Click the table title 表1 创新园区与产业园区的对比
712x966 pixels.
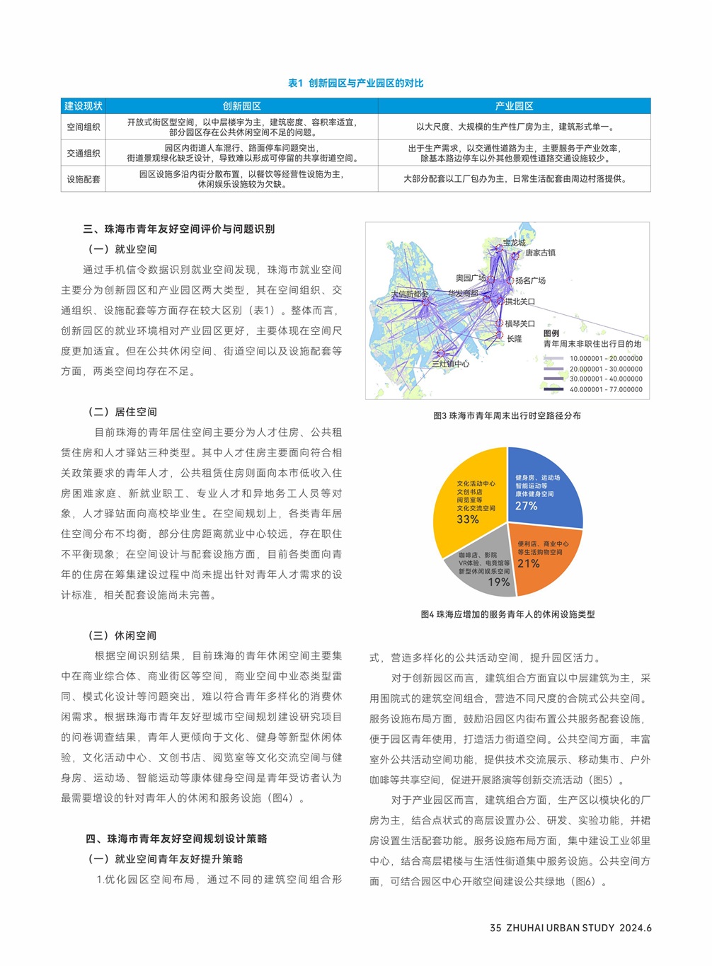click(355, 84)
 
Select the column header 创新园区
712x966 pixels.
click(241, 106)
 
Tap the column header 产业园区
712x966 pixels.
click(514, 106)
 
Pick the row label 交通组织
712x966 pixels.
click(84, 154)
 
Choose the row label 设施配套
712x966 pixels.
click(84, 180)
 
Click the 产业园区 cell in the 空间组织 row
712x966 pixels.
click(515, 127)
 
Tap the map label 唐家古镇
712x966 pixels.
click(540, 253)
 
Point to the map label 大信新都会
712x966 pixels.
click(410, 294)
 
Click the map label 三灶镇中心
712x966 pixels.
click(451, 364)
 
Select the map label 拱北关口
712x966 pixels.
click(520, 302)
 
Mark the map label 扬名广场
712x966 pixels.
click(530, 281)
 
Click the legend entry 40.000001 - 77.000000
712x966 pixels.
click(606, 389)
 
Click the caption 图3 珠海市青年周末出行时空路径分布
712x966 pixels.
click(507, 416)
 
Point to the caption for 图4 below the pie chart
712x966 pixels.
click(507, 615)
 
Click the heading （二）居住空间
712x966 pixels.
click(122, 412)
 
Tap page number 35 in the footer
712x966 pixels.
click(495, 928)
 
